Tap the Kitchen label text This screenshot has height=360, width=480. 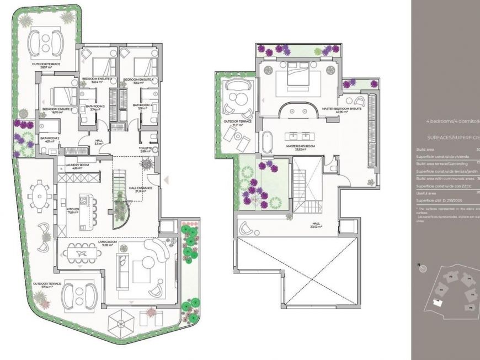(73, 211)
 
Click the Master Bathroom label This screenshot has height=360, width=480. (300, 146)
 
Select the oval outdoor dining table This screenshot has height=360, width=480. (39, 195)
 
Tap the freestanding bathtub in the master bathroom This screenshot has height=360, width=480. (268, 143)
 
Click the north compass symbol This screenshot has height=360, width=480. (423, 269)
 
